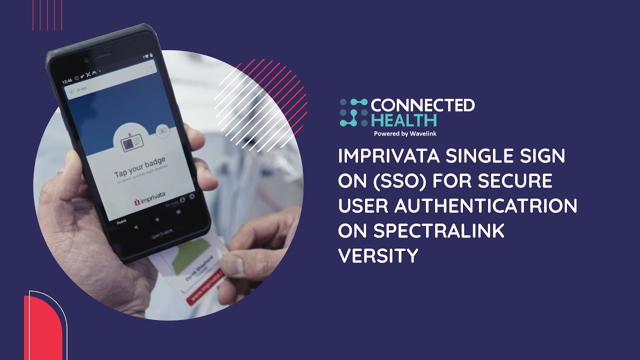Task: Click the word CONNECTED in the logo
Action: pos(422,105)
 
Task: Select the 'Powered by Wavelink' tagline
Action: pos(405,133)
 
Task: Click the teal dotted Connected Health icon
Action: pos(353,112)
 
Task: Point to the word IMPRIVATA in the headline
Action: pos(388,156)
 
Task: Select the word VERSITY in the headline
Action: pos(378,256)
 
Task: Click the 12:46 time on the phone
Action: pos(67,80)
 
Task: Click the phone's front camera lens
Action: pos(86,60)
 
